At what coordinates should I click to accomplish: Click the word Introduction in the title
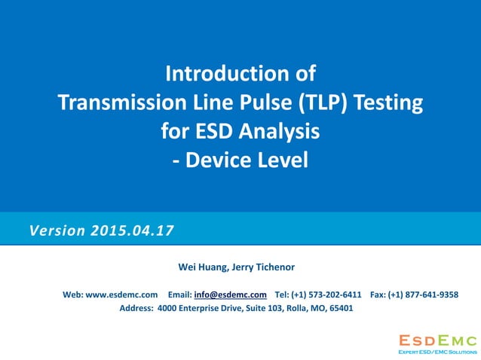[223, 75]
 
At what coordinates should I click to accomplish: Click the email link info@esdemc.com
[230, 294]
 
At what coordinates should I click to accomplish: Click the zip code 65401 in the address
[339, 307]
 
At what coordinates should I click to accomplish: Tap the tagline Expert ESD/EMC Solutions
[437, 351]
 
